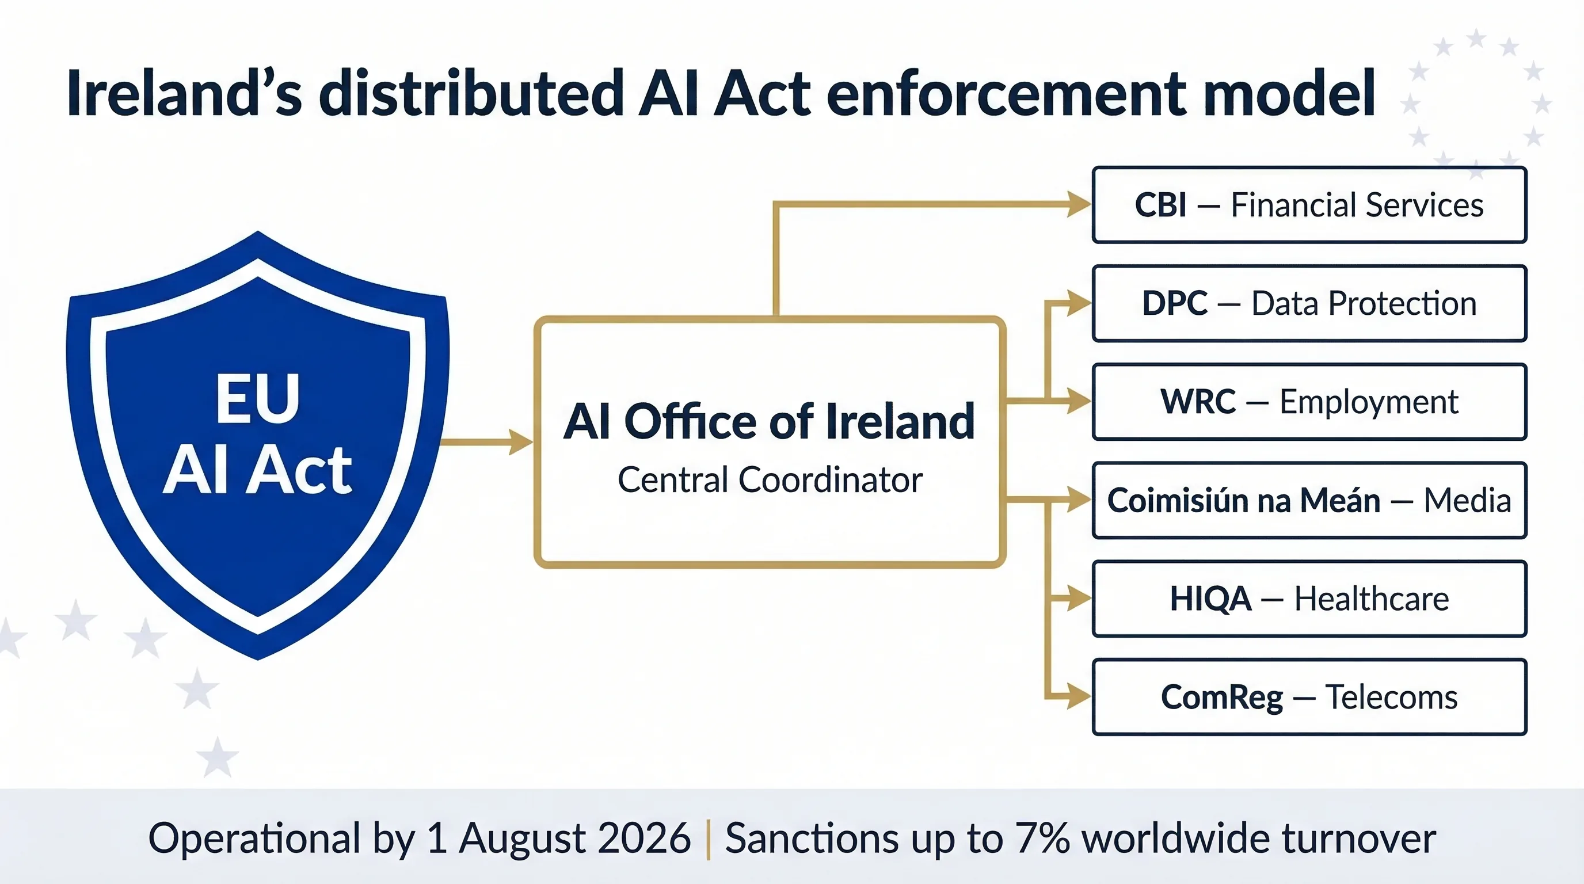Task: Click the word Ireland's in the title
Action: coord(184,93)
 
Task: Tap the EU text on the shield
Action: coord(258,398)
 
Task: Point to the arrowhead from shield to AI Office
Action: coord(521,442)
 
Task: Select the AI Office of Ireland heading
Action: coord(769,422)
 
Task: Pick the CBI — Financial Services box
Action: coord(1309,205)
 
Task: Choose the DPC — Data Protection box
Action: coord(1309,303)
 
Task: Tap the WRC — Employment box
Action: coord(1309,402)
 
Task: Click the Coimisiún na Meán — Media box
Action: coord(1309,500)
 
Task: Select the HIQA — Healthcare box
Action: coord(1309,599)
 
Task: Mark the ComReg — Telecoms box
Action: coord(1309,697)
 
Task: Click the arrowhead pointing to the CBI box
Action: coord(1079,204)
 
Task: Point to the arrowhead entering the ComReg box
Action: coord(1079,696)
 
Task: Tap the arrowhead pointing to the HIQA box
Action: coord(1079,598)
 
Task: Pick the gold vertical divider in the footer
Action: coord(709,839)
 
